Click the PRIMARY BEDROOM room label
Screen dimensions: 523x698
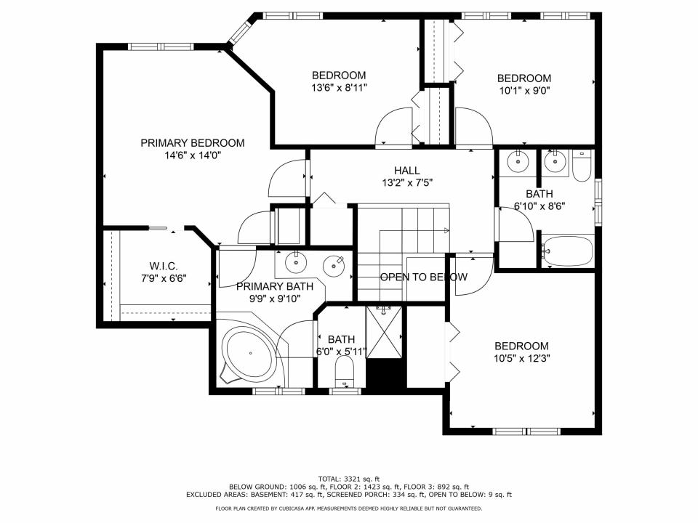coord(192,143)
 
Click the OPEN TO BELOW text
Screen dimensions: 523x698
coord(423,277)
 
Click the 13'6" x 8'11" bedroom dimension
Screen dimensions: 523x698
coord(339,87)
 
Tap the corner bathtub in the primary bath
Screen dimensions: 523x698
coord(249,354)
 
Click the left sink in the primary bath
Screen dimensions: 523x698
coord(296,260)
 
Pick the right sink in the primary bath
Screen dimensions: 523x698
coord(334,263)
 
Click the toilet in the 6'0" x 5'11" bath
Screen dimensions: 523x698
coord(343,376)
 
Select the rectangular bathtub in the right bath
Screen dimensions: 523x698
coord(568,251)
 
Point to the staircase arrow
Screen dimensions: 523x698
coord(445,230)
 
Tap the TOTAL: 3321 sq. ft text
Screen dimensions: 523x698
coord(348,479)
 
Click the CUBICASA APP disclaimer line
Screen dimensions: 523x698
coord(348,508)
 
